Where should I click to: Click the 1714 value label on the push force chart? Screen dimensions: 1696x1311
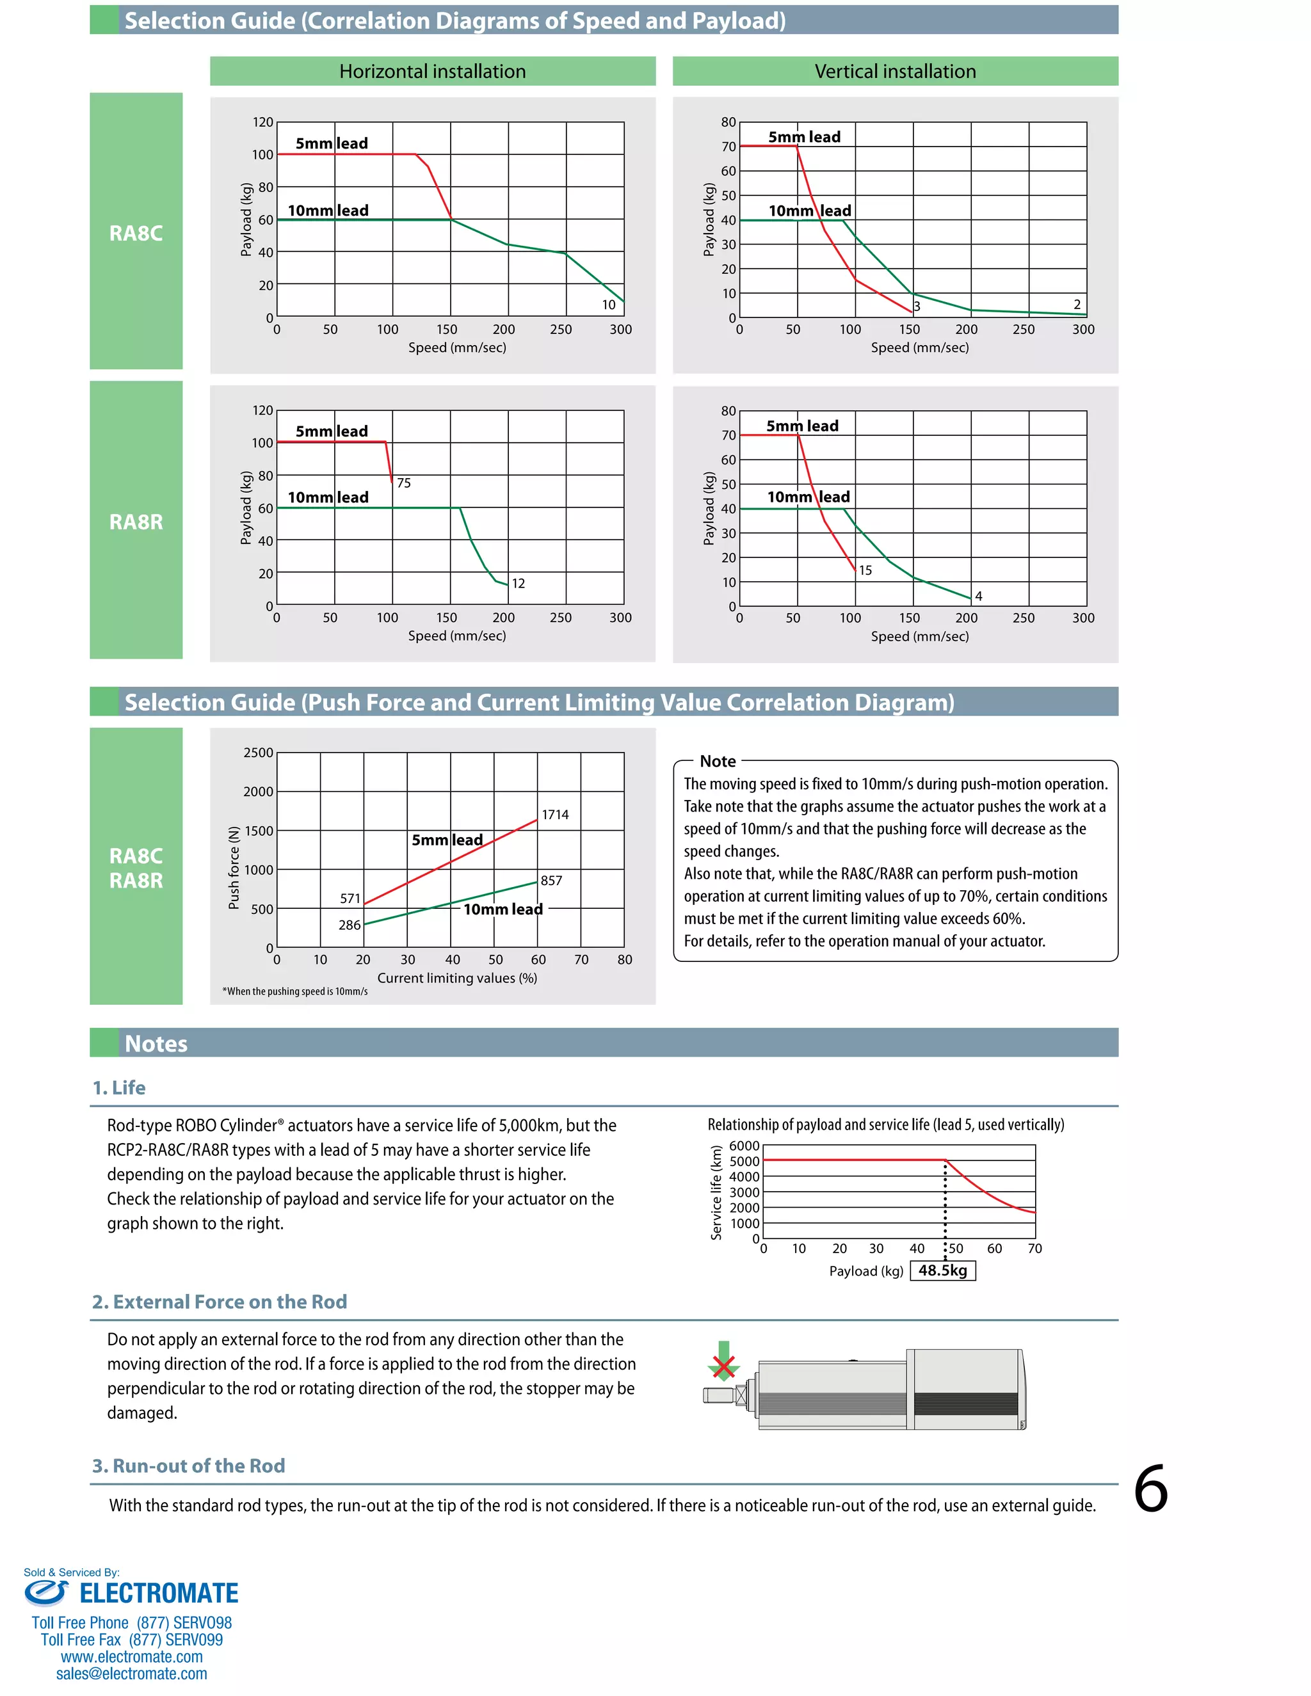pyautogui.click(x=554, y=815)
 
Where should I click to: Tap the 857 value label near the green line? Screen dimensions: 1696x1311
pyautogui.click(x=551, y=881)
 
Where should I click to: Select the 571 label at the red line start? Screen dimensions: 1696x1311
pyautogui.click(x=350, y=899)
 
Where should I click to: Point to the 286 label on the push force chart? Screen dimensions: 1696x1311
pyautogui.click(x=350, y=925)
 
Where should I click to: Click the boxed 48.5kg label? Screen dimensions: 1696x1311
pyautogui.click(x=942, y=1270)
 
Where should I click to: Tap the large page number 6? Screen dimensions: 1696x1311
pyautogui.click(x=1150, y=1489)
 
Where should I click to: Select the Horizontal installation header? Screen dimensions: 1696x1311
pyautogui.click(x=433, y=72)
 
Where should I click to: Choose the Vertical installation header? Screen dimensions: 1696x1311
pyautogui.click(x=895, y=72)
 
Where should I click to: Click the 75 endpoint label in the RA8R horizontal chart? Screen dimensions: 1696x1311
pyautogui.click(x=404, y=483)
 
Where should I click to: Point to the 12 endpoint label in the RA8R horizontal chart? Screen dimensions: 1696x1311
pyautogui.click(x=518, y=583)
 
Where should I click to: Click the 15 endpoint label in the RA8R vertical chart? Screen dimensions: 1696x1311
pyautogui.click(x=865, y=570)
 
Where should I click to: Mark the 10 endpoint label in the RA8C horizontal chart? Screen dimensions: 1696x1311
pyautogui.click(x=609, y=305)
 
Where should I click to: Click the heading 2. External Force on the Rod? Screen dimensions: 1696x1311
pyautogui.click(x=219, y=1302)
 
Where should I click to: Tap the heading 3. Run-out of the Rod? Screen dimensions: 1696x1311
pyautogui.click(x=189, y=1466)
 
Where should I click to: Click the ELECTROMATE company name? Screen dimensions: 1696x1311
pyautogui.click(x=159, y=1594)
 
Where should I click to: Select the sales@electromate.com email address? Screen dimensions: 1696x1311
pyautogui.click(x=131, y=1674)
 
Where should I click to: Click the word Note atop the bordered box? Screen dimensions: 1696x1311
pyautogui.click(x=718, y=761)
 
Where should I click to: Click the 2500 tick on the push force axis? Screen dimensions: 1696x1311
pyautogui.click(x=259, y=753)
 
